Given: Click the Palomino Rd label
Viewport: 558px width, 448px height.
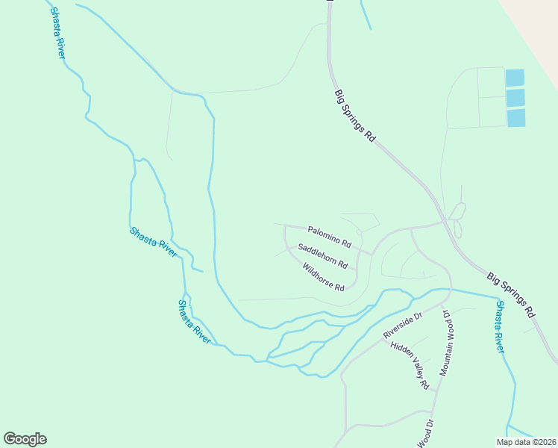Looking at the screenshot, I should pos(329,236).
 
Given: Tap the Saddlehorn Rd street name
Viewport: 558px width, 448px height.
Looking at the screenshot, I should pos(323,256).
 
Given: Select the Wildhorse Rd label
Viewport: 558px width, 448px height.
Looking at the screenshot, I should pos(323,277).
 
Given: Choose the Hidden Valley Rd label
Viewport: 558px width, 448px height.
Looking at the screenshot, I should pos(410,364).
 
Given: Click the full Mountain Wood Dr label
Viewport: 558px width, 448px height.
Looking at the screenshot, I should pos(446,343).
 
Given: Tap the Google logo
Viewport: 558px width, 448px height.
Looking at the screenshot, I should pos(25,439).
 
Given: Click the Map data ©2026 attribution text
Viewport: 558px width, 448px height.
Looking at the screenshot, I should pos(527,441).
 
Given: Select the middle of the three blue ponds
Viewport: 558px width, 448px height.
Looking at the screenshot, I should pos(515,98).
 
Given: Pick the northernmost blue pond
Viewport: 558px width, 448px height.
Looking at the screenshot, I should pos(515,78).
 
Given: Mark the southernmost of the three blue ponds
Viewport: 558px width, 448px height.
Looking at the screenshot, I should pos(516,118).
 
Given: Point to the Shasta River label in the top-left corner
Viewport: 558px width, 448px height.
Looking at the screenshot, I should pos(57,32).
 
